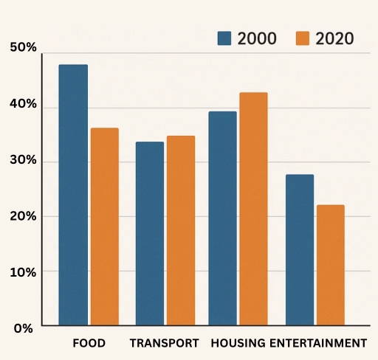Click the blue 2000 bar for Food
pos(73,195)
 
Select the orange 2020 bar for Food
pos(104,226)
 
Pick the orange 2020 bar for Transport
pos(180,230)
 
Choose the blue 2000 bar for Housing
pos(222,218)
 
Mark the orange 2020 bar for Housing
pos(253,209)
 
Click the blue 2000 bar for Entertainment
pos(299,249)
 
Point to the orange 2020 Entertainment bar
pos(330,265)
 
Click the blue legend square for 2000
pos(225,38)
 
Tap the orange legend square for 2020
pos(303,38)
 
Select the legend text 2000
pos(257,38)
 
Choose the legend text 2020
pos(334,38)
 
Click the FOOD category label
pos(89,343)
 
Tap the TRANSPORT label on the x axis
pos(164,343)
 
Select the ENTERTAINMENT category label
pos(317,343)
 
